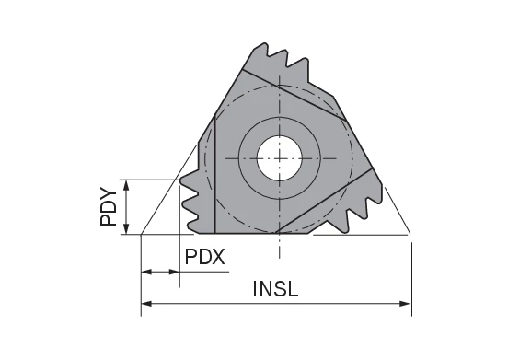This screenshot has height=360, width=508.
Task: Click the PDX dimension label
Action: tap(205, 255)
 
